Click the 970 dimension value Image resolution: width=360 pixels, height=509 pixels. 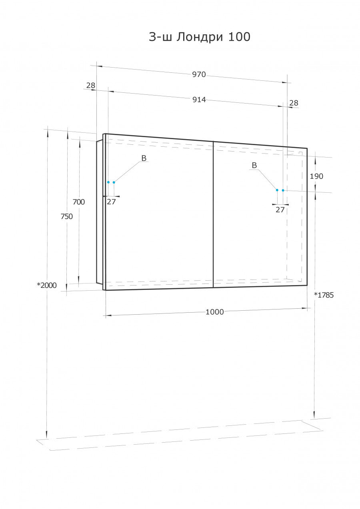pyautogui.click(x=199, y=74)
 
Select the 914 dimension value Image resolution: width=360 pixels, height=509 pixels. pyautogui.click(x=199, y=100)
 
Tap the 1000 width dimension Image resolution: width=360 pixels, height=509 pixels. pyautogui.click(x=214, y=312)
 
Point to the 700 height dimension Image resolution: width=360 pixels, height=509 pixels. pyautogui.click(x=79, y=202)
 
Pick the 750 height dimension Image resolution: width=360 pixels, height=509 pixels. pyautogui.click(x=66, y=217)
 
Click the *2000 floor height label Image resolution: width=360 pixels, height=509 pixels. pyautogui.click(x=47, y=285)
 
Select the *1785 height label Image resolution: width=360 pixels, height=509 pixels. pyautogui.click(x=324, y=295)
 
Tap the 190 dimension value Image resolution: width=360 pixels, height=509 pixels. pyautogui.click(x=316, y=176)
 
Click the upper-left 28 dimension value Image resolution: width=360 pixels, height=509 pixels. pyautogui.click(x=91, y=86)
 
